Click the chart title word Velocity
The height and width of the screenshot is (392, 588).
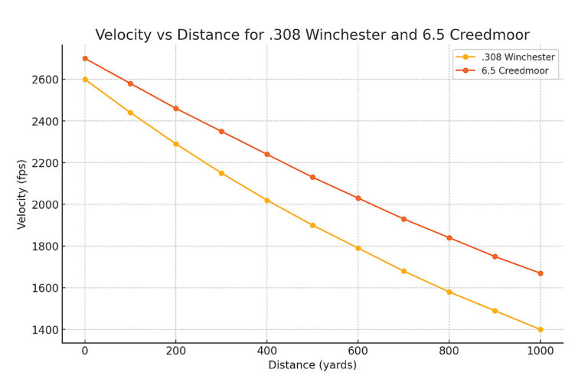pyautogui.click(x=124, y=35)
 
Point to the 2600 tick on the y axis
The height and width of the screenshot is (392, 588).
pyautogui.click(x=44, y=80)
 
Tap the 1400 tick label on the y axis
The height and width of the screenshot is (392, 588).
pyautogui.click(x=44, y=330)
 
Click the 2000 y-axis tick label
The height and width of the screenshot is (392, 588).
pyautogui.click(x=44, y=204)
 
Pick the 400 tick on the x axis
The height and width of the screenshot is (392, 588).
pyautogui.click(x=266, y=351)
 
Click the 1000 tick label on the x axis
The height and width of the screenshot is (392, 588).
pyautogui.click(x=540, y=351)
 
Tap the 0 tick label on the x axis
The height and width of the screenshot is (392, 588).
pyautogui.click(x=85, y=351)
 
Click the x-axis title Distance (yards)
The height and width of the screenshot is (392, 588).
pyautogui.click(x=312, y=365)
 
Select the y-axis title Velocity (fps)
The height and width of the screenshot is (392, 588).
pyautogui.click(x=22, y=194)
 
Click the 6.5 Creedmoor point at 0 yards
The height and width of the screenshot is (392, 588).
pyautogui.click(x=85, y=58)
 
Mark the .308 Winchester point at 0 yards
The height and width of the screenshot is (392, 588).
pyautogui.click(x=85, y=79)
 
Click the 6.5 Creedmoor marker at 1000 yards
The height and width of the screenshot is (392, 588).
pyautogui.click(x=541, y=273)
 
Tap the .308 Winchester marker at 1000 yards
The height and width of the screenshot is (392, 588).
pyautogui.click(x=541, y=330)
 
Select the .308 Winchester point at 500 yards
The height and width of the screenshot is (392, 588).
pyautogui.click(x=312, y=225)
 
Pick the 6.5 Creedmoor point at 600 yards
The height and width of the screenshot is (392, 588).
pyautogui.click(x=358, y=198)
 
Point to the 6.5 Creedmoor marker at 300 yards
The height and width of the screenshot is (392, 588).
pyautogui.click(x=221, y=132)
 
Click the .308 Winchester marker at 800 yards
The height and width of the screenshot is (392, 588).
pyautogui.click(x=449, y=292)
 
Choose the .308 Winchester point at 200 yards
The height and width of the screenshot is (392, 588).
pyautogui.click(x=176, y=144)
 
